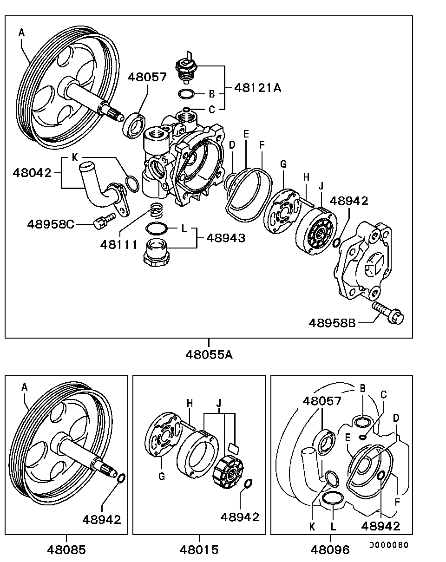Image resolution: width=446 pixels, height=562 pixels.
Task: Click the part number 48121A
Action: click(258, 87)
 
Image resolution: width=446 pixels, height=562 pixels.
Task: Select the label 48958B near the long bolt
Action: click(332, 322)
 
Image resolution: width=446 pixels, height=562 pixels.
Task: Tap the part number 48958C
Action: click(51, 224)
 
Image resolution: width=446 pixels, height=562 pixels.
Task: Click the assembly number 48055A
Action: click(209, 354)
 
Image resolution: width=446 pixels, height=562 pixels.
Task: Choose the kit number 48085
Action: click(66, 549)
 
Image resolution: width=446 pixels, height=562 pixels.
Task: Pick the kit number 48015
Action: click(199, 549)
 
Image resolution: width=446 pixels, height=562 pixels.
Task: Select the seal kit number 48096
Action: click(330, 549)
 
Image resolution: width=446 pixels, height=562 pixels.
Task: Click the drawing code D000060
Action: click(388, 545)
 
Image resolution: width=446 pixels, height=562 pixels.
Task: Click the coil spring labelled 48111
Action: click(157, 212)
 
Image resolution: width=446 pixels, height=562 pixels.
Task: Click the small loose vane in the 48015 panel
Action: click(234, 448)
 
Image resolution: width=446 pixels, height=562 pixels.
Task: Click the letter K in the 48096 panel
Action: click(312, 526)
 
